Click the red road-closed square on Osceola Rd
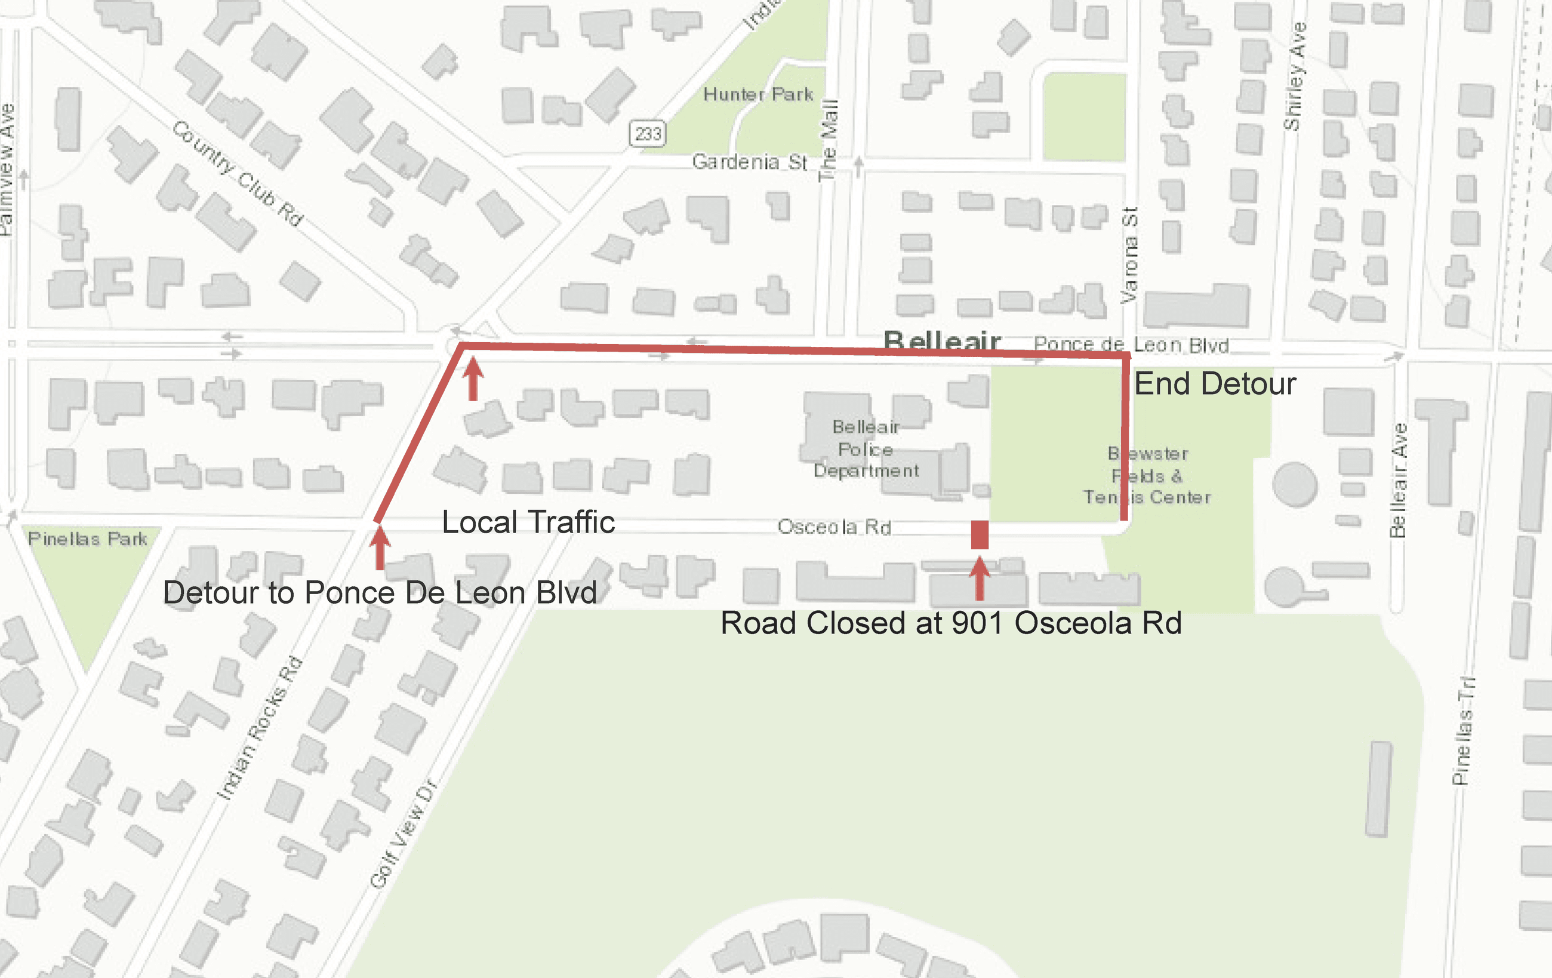tap(980, 535)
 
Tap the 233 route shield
tap(647, 134)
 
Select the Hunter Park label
tap(758, 95)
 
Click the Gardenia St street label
tap(749, 161)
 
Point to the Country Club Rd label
tap(238, 173)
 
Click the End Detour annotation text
tap(1215, 385)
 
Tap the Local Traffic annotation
tap(528, 522)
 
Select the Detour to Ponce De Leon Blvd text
tap(380, 593)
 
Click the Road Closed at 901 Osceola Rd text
tap(951, 623)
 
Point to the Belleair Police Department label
tap(866, 449)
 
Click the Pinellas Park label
tap(88, 539)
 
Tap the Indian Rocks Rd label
tap(259, 728)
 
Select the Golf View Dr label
tap(404, 834)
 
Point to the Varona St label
tap(1129, 256)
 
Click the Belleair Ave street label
tap(1397, 480)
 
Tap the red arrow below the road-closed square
tap(980, 579)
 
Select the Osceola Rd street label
tap(834, 527)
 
